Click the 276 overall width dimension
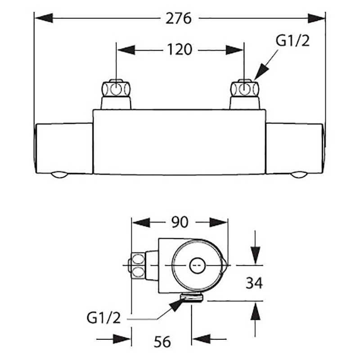point(180,19)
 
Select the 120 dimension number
point(180,49)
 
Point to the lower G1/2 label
point(103,319)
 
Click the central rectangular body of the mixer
point(180,142)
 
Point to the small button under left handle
point(59,175)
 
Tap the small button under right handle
point(297,175)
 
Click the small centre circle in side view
point(196,265)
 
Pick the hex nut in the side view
point(138,265)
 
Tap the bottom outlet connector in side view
point(192,297)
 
